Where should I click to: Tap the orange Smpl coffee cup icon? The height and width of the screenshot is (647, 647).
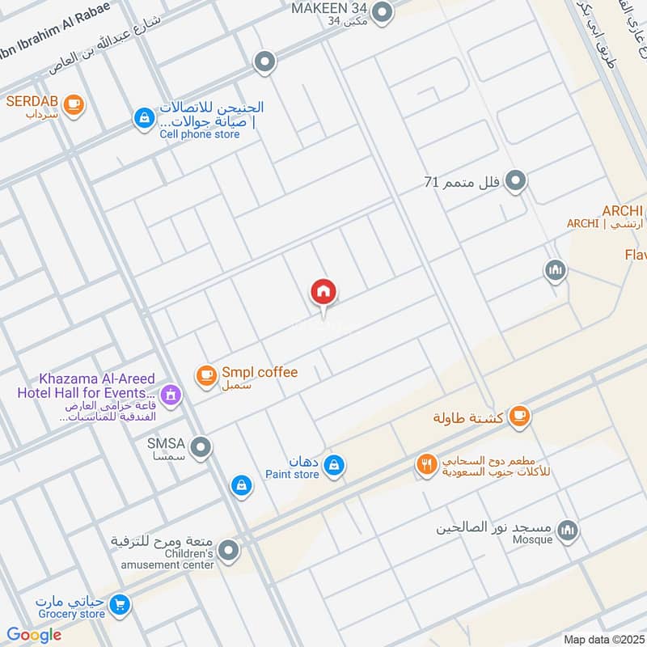pos(206,374)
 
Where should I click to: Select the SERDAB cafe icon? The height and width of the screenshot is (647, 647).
pos(74,104)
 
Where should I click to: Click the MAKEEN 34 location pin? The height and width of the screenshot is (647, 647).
pos(382,11)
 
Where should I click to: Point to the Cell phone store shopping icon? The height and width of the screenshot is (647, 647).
pos(143,118)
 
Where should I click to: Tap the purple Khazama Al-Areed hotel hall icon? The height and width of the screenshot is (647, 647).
pos(170,395)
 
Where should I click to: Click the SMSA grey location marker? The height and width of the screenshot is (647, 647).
pos(201,446)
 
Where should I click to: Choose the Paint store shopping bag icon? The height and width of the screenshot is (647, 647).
pos(333,465)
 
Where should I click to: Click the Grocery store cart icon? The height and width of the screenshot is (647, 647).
pos(120,604)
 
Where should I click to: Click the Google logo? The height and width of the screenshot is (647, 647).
pos(34,635)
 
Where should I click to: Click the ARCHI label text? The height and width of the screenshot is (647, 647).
pos(620,211)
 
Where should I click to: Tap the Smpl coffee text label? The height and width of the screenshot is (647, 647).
pos(260,373)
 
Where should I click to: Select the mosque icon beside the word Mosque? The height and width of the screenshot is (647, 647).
pos(569,530)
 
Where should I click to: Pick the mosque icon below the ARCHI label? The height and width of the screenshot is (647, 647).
pos(555,270)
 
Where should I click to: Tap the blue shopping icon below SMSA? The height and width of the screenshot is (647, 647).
pos(239,485)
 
